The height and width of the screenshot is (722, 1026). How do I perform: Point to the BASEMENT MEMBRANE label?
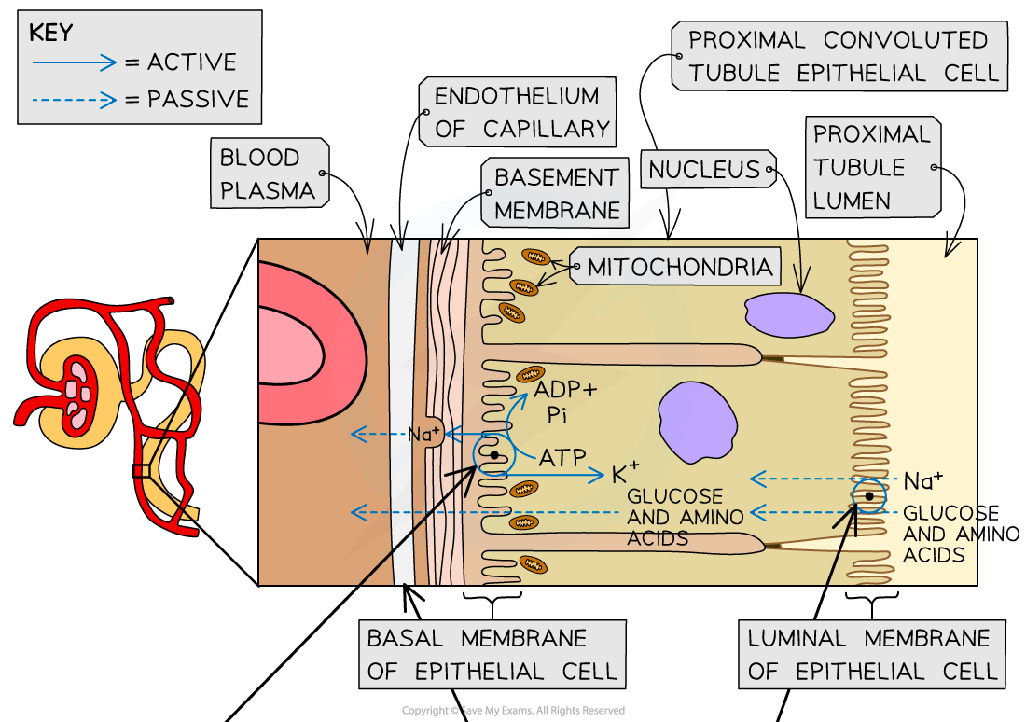click(x=556, y=193)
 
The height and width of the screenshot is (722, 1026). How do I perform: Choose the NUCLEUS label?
click(x=704, y=170)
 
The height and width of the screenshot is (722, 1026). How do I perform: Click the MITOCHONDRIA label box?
click(x=680, y=268)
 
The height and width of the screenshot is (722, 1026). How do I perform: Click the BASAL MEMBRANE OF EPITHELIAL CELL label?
click(x=492, y=655)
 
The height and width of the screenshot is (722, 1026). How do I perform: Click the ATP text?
click(x=562, y=457)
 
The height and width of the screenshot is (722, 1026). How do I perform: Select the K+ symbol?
click(x=625, y=473)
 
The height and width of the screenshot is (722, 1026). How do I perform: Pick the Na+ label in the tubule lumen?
click(x=922, y=480)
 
